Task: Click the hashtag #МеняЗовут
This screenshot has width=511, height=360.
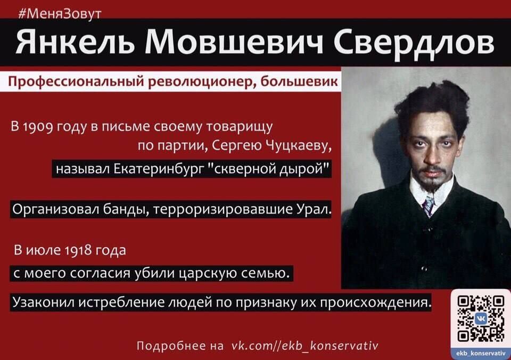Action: coord(60,14)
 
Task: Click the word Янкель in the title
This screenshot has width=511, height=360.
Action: coord(75,42)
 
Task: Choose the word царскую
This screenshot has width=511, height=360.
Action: coord(209,273)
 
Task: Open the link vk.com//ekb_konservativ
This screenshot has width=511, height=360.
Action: coord(304,345)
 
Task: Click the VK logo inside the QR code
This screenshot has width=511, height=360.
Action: coord(481,318)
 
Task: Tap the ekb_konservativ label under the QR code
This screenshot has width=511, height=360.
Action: coord(481,353)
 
